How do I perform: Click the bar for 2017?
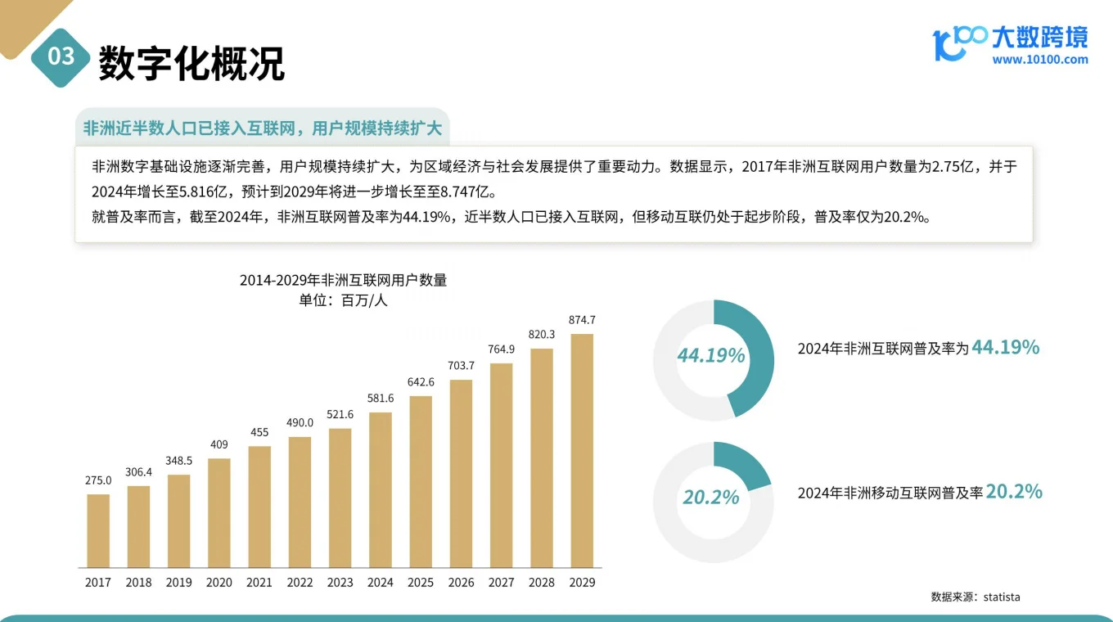point(98,530)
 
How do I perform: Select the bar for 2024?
point(380,489)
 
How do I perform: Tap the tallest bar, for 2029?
point(581,450)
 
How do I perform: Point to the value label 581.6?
point(380,398)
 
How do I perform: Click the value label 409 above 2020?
point(219,444)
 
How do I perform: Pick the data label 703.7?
point(461,365)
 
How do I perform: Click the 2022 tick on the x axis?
point(300,583)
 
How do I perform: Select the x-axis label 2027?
point(501,583)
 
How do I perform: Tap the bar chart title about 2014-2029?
point(343,280)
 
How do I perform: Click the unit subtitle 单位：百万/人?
point(343,300)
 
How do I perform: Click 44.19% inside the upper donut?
point(710,355)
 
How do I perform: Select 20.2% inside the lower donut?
point(710,497)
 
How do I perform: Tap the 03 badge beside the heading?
point(61,56)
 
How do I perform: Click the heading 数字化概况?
point(192,62)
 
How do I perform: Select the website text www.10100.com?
point(1040,59)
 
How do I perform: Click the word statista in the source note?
point(1002,597)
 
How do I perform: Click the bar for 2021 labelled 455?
point(259,507)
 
